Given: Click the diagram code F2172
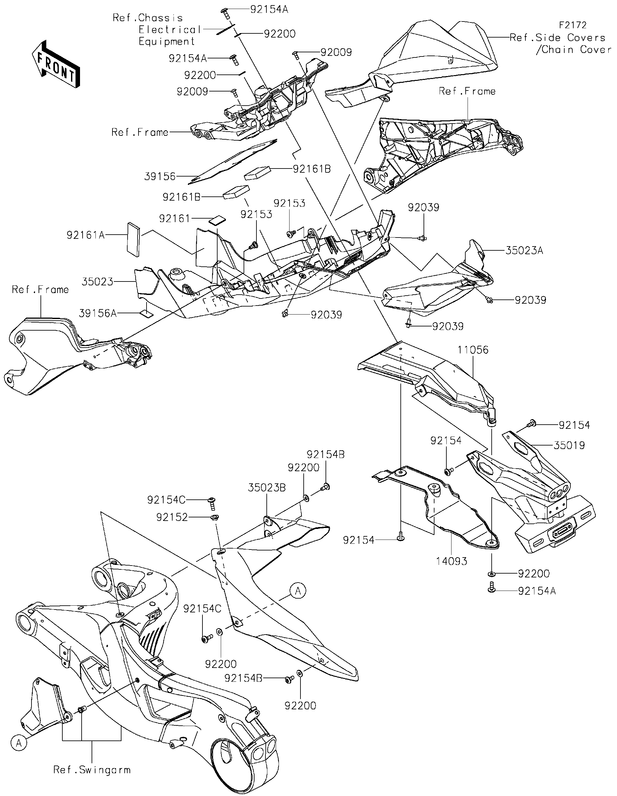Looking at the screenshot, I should pyautogui.click(x=573, y=25).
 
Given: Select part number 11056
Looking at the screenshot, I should pyautogui.click(x=473, y=350).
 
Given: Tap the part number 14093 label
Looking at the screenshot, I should pyautogui.click(x=452, y=562).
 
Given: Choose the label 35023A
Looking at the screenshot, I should pyautogui.click(x=524, y=250).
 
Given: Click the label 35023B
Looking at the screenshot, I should pyautogui.click(x=267, y=488).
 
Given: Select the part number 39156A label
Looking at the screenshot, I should pyautogui.click(x=97, y=313).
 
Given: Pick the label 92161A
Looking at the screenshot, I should pyautogui.click(x=85, y=235).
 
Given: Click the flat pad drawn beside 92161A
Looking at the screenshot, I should pyautogui.click(x=133, y=239).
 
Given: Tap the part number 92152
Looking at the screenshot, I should pyautogui.click(x=172, y=517).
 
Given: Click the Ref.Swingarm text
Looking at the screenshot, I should pyautogui.click(x=92, y=770).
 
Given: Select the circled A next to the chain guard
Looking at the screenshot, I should pyautogui.click(x=298, y=591).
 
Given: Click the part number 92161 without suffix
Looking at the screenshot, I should pyautogui.click(x=174, y=218).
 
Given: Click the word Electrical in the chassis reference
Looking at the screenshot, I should pyautogui.click(x=170, y=30).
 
